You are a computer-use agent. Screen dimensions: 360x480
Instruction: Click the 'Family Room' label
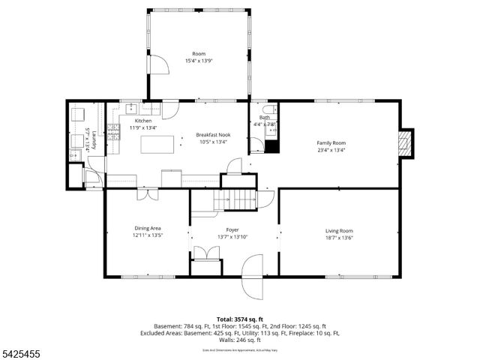click(331, 142)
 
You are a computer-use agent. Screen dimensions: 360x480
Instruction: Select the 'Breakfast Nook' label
click(214, 135)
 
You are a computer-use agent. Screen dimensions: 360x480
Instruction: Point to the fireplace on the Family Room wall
click(405, 142)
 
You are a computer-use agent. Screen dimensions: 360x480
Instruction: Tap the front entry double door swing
click(253, 275)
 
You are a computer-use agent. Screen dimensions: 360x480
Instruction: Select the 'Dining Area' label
click(148, 228)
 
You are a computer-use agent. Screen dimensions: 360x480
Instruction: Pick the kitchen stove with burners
click(114, 133)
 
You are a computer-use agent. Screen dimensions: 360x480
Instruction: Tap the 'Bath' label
click(265, 117)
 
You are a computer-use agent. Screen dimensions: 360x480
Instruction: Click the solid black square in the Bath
click(271, 146)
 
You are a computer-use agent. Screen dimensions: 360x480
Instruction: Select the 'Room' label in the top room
click(199, 54)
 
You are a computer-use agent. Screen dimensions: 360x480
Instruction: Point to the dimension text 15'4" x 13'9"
click(199, 61)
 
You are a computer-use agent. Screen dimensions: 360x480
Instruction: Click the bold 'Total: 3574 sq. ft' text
click(239, 319)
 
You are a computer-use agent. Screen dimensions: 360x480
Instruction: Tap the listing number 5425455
click(22, 349)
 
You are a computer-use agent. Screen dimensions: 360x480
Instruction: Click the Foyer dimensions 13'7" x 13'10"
click(232, 238)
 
